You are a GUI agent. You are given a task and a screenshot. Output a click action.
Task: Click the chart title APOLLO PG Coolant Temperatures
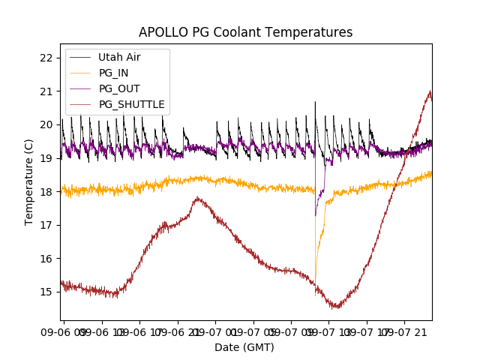point(245,32)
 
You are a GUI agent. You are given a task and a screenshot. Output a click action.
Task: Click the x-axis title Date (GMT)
point(244,347)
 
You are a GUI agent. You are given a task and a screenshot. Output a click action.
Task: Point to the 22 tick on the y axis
point(46,58)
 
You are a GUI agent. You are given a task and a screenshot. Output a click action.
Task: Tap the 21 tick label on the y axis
point(46,91)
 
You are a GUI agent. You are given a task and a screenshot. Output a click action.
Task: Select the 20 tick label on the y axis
point(46,124)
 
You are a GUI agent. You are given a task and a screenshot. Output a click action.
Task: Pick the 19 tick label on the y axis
point(46,158)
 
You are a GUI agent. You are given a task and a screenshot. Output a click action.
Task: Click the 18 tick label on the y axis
point(46,191)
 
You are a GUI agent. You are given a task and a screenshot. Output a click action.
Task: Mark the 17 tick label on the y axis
point(46,225)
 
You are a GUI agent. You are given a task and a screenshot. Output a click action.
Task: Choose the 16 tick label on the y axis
point(46,259)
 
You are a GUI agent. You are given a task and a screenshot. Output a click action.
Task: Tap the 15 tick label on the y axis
point(46,292)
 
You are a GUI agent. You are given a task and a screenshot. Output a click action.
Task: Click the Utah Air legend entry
point(119,57)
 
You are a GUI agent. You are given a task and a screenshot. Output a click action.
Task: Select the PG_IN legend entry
point(113,73)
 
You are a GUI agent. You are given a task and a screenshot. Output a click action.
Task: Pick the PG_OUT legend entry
point(118,88)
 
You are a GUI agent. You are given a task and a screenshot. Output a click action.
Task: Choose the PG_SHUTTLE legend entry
point(131,104)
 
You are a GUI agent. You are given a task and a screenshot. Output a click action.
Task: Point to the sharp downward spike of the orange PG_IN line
point(316,294)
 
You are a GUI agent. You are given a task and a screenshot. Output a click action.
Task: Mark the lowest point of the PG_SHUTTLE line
point(337,307)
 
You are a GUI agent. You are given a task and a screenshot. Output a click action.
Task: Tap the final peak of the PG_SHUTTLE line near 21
point(430,91)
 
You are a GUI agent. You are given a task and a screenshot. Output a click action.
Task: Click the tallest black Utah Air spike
point(315,102)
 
